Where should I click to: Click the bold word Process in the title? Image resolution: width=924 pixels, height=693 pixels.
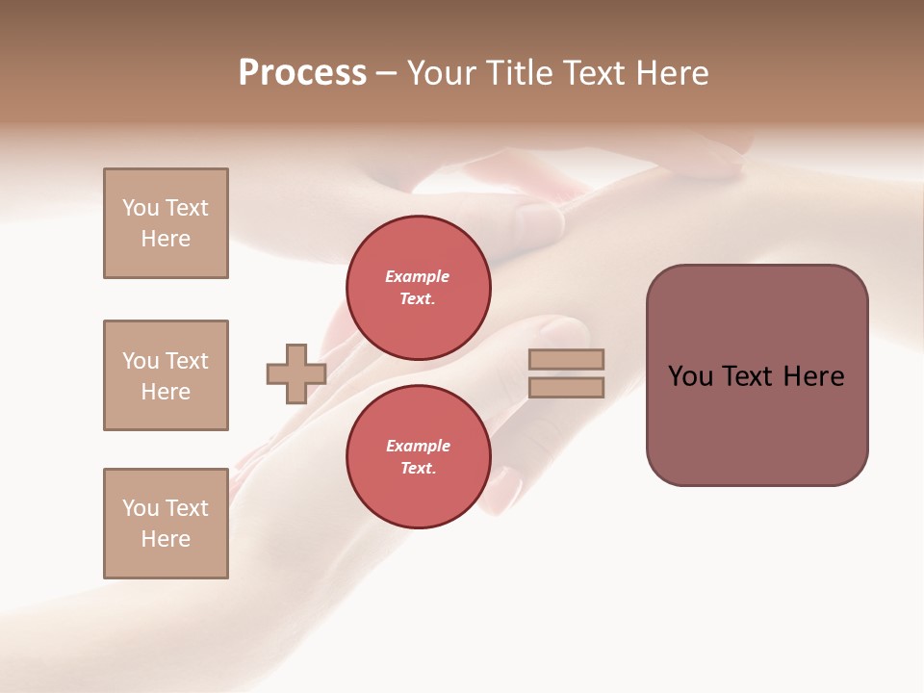[x=302, y=73]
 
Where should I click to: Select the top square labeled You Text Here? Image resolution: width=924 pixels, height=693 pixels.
[x=166, y=223]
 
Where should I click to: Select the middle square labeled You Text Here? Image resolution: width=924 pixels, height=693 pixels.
[x=166, y=375]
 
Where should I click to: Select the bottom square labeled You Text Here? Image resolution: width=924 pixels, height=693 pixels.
[x=166, y=524]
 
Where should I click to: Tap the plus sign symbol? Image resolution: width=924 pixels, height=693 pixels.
[x=296, y=373]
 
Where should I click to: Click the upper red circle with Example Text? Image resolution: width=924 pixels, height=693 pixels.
[x=418, y=287]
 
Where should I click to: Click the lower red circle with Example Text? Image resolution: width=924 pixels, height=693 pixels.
[x=418, y=456]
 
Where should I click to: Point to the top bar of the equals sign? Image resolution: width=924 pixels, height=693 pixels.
[x=566, y=359]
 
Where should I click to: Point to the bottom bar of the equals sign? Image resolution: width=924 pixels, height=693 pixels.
[x=566, y=387]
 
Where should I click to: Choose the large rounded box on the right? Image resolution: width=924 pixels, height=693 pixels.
[x=757, y=375]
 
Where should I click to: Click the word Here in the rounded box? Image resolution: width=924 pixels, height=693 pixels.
[x=813, y=376]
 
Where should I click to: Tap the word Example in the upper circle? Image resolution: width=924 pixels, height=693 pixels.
[x=417, y=276]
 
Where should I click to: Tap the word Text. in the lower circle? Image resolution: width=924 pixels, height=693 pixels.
[x=418, y=468]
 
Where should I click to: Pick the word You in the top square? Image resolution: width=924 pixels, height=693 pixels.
[x=141, y=208]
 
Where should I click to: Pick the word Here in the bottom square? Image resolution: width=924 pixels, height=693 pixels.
[x=166, y=539]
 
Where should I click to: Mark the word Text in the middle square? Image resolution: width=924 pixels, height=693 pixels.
[x=187, y=361]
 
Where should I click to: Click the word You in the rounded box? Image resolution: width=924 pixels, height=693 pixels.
[x=690, y=376]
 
